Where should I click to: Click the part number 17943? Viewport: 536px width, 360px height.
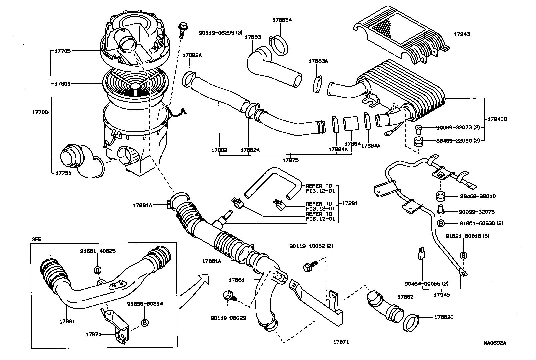tap(462, 34)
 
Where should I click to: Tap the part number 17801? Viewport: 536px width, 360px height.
tap(62, 83)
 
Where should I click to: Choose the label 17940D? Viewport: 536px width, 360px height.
tap(497, 119)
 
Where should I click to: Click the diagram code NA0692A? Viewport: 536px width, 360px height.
tap(495, 342)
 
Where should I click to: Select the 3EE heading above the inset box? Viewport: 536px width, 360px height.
tap(36, 240)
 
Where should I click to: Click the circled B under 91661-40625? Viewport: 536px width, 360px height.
tap(98, 270)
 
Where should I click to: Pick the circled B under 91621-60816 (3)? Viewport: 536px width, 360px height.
tap(463, 255)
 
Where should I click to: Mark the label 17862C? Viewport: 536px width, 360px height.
tap(444, 317)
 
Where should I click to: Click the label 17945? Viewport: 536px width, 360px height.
tap(442, 295)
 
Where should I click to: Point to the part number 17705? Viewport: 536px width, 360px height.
tap(62, 51)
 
